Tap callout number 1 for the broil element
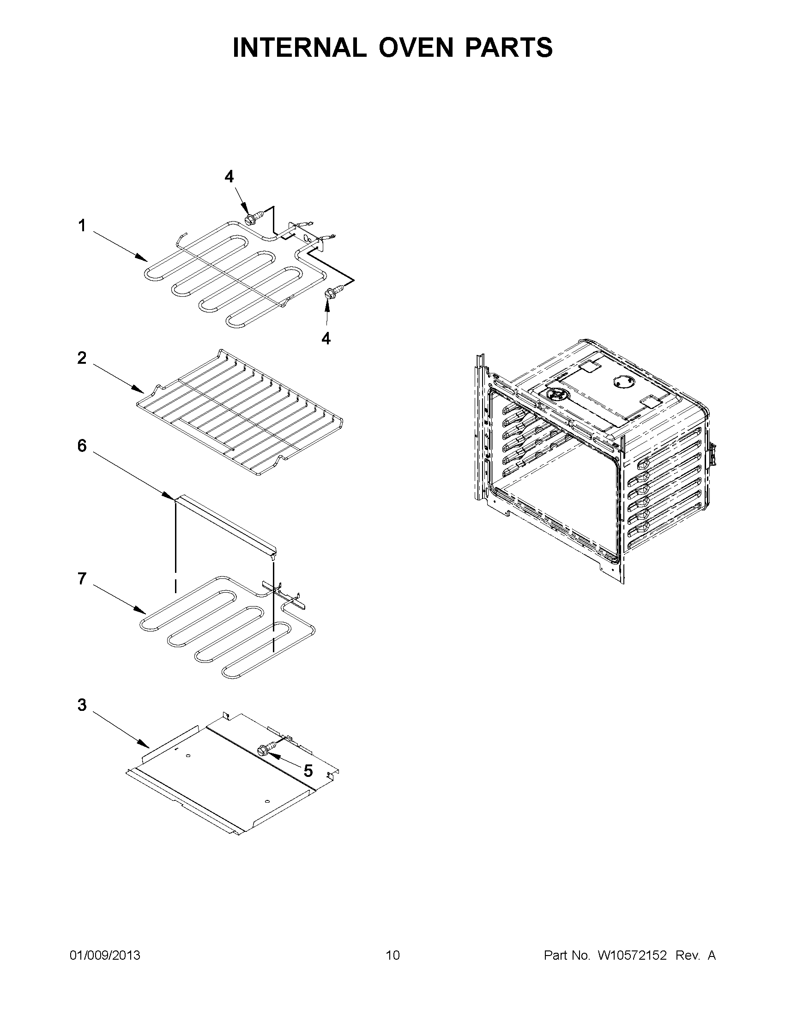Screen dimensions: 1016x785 tap(82, 226)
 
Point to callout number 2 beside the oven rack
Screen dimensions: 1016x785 tap(82, 358)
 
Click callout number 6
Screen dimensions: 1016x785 tap(82, 446)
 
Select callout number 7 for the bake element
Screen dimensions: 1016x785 tap(82, 579)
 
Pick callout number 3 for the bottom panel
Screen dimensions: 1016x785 tap(82, 705)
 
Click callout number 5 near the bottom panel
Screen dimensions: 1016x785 tap(308, 771)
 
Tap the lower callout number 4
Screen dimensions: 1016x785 tap(326, 339)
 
